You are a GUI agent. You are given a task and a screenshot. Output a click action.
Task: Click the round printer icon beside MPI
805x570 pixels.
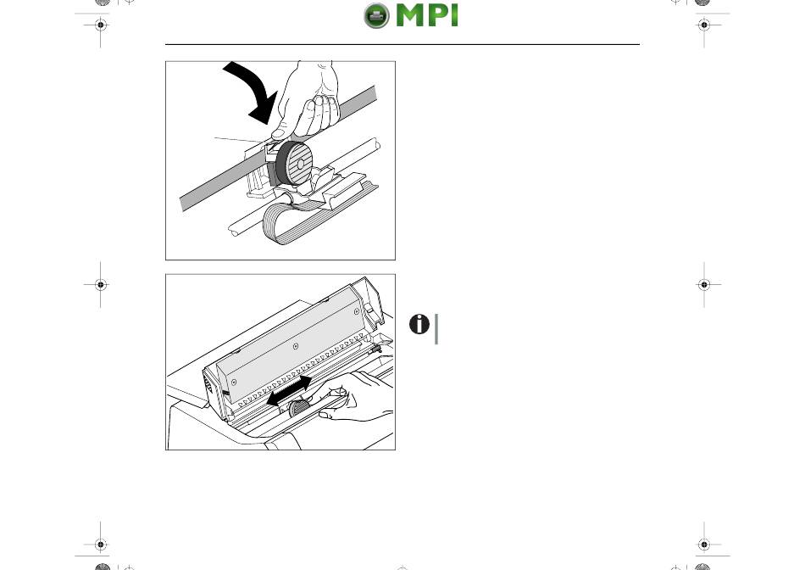click(x=376, y=15)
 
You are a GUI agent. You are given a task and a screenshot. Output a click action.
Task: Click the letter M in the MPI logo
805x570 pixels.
click(x=411, y=15)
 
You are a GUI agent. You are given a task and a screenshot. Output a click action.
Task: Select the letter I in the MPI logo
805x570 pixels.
click(x=453, y=15)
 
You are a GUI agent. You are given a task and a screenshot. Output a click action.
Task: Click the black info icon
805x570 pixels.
click(x=419, y=324)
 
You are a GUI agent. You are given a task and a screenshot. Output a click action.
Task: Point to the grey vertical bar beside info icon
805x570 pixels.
click(x=436, y=329)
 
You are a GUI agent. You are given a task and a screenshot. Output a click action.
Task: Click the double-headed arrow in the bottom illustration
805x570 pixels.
click(x=290, y=390)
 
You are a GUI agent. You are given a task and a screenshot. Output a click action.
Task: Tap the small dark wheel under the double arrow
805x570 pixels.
click(x=297, y=408)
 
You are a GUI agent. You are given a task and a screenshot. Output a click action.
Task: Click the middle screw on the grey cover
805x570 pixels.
click(x=295, y=346)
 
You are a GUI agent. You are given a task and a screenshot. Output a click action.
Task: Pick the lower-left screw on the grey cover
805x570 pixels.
click(x=234, y=383)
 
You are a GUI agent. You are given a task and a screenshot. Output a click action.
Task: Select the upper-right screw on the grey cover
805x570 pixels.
click(x=356, y=311)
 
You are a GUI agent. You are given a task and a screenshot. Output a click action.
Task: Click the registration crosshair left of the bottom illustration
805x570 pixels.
click(x=101, y=284)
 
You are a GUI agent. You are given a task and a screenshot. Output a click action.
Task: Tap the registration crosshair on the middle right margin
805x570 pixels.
click(x=704, y=284)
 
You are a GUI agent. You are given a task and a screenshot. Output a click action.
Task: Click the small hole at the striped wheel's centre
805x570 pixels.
click(x=301, y=164)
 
